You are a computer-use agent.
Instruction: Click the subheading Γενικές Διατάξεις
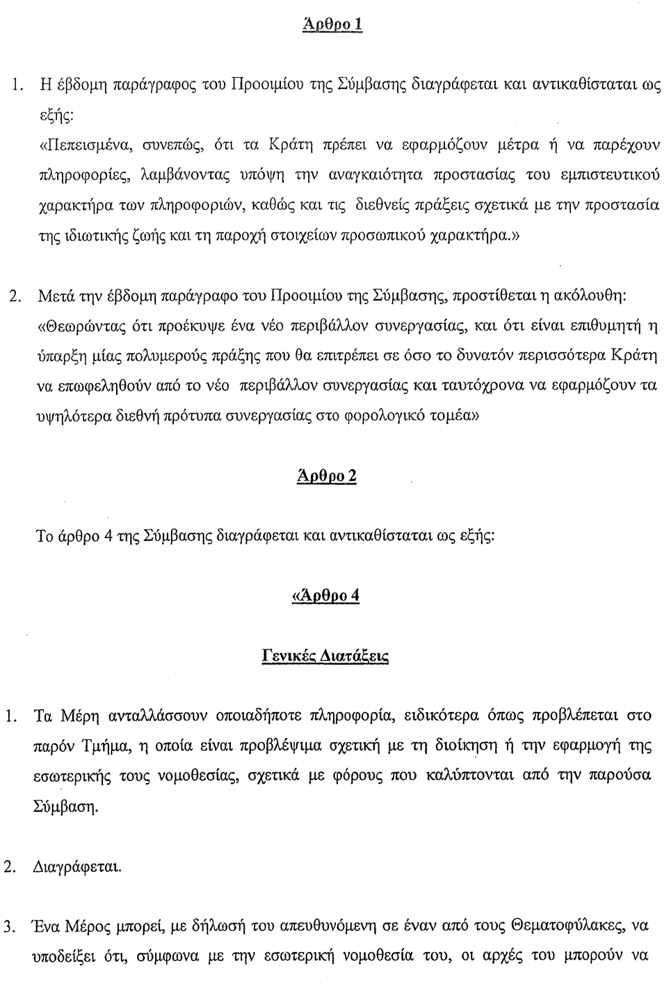click(x=325, y=656)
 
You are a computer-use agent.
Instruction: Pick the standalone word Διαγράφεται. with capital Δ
click(x=77, y=868)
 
